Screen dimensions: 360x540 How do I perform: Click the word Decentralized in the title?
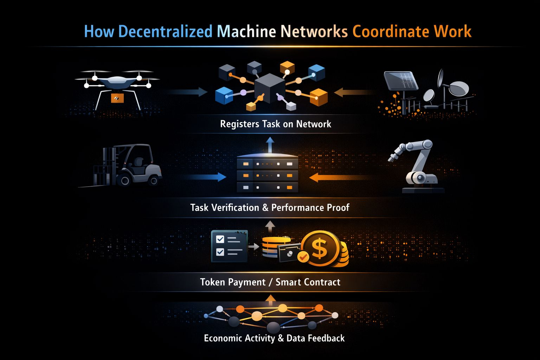(165, 32)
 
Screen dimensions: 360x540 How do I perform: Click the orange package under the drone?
(117, 98)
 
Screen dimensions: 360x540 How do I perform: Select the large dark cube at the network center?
(269, 88)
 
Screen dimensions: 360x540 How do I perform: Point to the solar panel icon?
(400, 81)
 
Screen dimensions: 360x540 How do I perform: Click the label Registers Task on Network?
(275, 124)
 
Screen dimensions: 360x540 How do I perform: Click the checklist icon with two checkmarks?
(229, 246)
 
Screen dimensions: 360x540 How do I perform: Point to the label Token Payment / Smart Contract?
(270, 282)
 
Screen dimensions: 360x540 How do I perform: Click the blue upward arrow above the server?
(270, 144)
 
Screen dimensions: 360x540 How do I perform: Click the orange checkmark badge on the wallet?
(303, 257)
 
